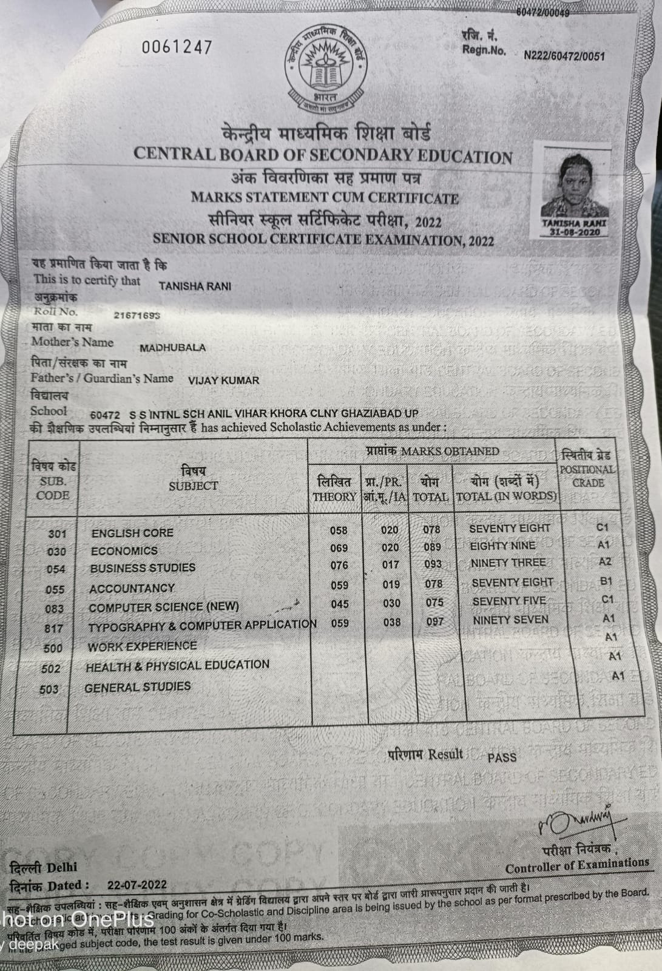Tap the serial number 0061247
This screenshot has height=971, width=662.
(x=177, y=47)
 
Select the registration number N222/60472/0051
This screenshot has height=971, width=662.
(x=564, y=56)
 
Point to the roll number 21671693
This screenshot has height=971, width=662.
(x=137, y=316)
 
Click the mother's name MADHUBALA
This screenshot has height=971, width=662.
(x=172, y=348)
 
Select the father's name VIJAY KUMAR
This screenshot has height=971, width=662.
(x=224, y=381)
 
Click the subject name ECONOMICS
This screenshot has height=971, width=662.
(x=124, y=551)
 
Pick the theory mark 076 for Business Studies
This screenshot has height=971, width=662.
(x=339, y=565)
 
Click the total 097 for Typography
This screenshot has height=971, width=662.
(x=434, y=621)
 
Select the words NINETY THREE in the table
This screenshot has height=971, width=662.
(x=508, y=563)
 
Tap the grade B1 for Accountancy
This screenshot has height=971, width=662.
(x=606, y=581)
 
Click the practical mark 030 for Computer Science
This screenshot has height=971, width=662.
(x=391, y=603)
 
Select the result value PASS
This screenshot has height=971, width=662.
(x=502, y=757)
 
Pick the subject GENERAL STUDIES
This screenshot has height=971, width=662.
(x=138, y=687)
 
